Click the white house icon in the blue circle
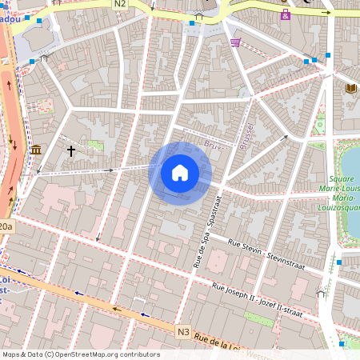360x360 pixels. pos(179,173)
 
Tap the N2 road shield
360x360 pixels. pos(120,4)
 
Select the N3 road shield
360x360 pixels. pos(183,331)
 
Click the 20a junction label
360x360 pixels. pos(6,226)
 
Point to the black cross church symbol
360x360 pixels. pos(70,150)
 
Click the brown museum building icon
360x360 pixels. pos(36,150)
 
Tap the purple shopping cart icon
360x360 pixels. pos(235,42)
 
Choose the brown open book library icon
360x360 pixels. pos(350,88)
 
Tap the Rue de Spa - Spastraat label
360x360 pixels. pos(205,234)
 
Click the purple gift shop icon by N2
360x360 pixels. pos(286,14)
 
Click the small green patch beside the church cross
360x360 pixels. pos(95,146)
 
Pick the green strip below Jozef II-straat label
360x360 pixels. pos(258,318)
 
